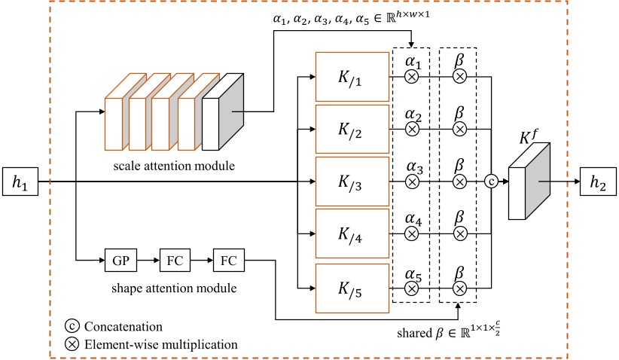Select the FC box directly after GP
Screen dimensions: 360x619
[x=171, y=262]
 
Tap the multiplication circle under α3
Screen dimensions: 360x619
[x=412, y=182]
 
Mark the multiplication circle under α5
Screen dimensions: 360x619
[x=412, y=288]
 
